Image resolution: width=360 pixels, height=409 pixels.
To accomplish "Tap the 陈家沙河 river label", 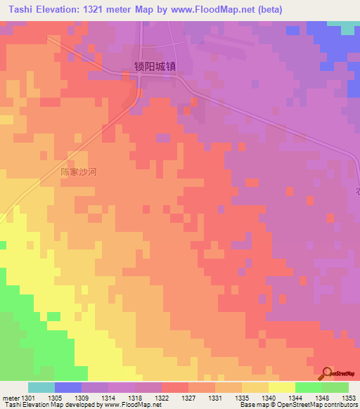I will [x=79, y=171].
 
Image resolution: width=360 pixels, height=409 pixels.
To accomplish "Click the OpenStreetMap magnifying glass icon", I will [x=326, y=372].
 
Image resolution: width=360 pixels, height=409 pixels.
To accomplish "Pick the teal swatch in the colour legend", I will [x=41, y=387].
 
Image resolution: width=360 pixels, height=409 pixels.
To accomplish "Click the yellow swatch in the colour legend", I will [x=281, y=387].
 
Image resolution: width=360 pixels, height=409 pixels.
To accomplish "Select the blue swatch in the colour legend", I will [x=68, y=387].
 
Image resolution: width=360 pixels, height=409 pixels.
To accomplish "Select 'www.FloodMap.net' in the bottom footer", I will [x=131, y=405].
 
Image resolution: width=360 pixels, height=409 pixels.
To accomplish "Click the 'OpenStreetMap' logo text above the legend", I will [x=340, y=373].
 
